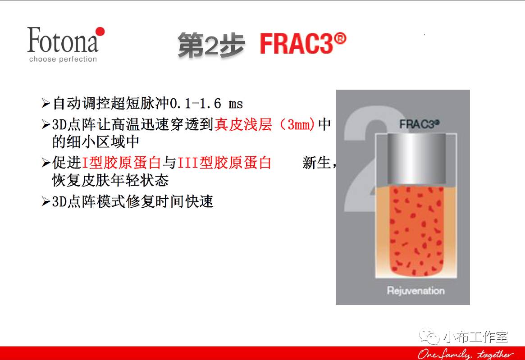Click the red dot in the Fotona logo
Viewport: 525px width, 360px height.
100,32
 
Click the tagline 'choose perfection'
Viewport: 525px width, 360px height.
63,59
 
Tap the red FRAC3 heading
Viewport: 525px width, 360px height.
297,44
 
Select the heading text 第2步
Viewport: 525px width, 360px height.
211,45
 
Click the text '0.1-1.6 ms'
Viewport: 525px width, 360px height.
206,104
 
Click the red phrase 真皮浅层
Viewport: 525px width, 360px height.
243,124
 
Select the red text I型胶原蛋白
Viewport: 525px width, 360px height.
122,163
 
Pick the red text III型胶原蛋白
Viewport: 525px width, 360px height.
224,163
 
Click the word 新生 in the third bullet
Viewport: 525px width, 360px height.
316,163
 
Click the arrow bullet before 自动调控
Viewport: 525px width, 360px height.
46,104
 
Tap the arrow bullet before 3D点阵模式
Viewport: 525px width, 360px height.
46,201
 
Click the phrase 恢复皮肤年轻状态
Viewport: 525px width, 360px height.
110,181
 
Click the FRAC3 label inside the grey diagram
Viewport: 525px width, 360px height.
419,124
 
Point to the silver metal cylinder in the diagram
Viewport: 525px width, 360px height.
416,159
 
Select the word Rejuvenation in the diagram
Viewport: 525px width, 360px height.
416,290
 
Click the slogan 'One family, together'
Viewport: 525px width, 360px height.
466,354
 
